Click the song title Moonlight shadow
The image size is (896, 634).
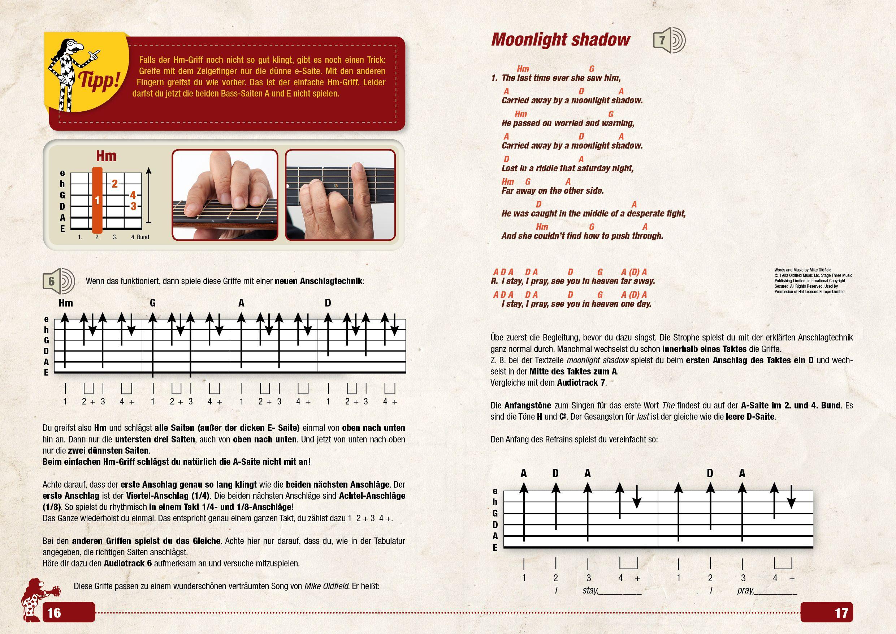560,40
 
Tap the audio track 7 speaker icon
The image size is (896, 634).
669,40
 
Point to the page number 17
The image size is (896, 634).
841,612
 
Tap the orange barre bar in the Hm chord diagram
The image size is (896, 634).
98,200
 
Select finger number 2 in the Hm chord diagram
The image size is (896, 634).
115,184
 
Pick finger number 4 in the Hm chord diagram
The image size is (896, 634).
133,195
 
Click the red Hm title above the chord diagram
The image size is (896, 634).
106,156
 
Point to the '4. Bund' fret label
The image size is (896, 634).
140,237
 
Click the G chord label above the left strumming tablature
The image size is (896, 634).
153,303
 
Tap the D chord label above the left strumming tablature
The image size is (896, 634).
328,303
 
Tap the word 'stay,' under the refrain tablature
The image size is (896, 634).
590,590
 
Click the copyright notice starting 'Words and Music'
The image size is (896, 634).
813,280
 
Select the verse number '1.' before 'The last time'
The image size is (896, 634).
495,78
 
